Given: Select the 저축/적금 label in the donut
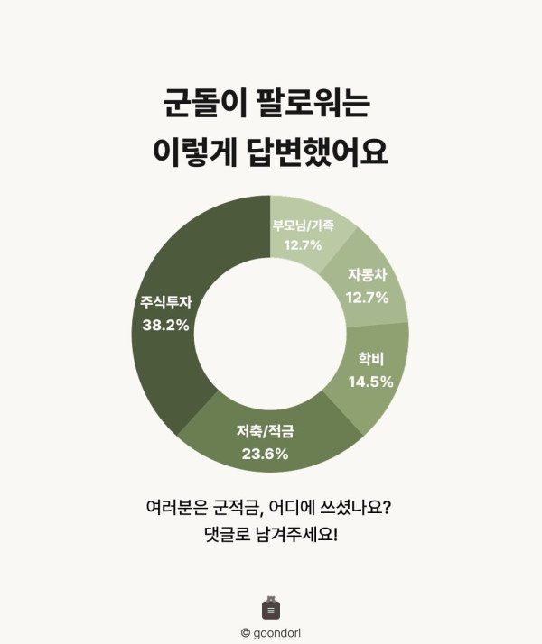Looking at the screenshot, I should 265,432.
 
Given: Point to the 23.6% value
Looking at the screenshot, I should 265,454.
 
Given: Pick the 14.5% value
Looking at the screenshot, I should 369,382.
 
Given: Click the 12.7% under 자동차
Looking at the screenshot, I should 367,298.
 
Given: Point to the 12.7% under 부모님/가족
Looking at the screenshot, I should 303,244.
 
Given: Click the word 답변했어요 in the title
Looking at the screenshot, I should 322,152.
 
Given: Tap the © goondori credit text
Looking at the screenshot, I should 271,633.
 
